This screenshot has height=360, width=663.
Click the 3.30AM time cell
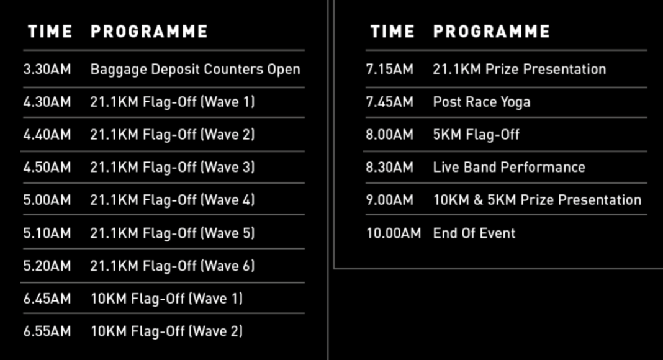(47, 70)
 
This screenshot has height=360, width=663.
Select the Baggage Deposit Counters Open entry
(196, 70)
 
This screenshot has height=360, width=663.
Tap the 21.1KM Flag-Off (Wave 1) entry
(173, 102)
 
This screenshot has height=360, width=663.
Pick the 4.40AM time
(47, 135)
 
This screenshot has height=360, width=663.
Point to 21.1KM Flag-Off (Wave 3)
(173, 168)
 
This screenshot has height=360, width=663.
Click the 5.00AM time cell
(47, 200)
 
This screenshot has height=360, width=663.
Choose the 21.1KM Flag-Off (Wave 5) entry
(173, 233)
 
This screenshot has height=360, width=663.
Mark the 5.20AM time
(47, 266)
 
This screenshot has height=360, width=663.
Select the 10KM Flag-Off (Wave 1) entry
(166, 299)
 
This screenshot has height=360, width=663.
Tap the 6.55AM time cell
(47, 331)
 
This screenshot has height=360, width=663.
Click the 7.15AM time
(389, 70)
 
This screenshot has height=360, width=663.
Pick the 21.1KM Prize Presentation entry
(519, 70)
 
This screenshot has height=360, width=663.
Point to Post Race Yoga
(482, 102)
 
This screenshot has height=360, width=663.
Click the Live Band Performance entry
(509, 168)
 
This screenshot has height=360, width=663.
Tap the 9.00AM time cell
(389, 200)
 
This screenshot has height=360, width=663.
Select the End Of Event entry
(474, 233)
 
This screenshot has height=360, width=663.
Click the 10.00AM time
(393, 233)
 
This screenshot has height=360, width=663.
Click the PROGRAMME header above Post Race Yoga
(491, 32)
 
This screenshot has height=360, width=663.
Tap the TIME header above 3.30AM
(50, 32)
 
